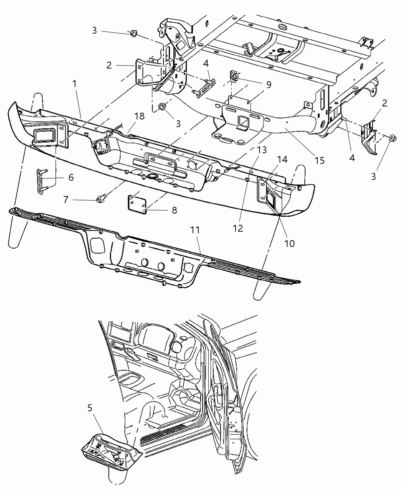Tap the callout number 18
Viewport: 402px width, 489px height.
click(140, 116)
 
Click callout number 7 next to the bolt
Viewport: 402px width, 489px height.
click(65, 199)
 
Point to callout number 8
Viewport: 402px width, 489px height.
click(174, 210)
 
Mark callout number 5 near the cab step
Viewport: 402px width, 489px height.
click(89, 407)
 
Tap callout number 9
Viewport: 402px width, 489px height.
click(269, 85)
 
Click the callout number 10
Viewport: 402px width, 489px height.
click(289, 243)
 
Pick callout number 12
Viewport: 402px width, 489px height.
click(237, 228)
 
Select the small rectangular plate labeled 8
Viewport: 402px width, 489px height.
click(137, 202)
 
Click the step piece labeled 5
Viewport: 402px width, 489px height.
click(111, 453)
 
